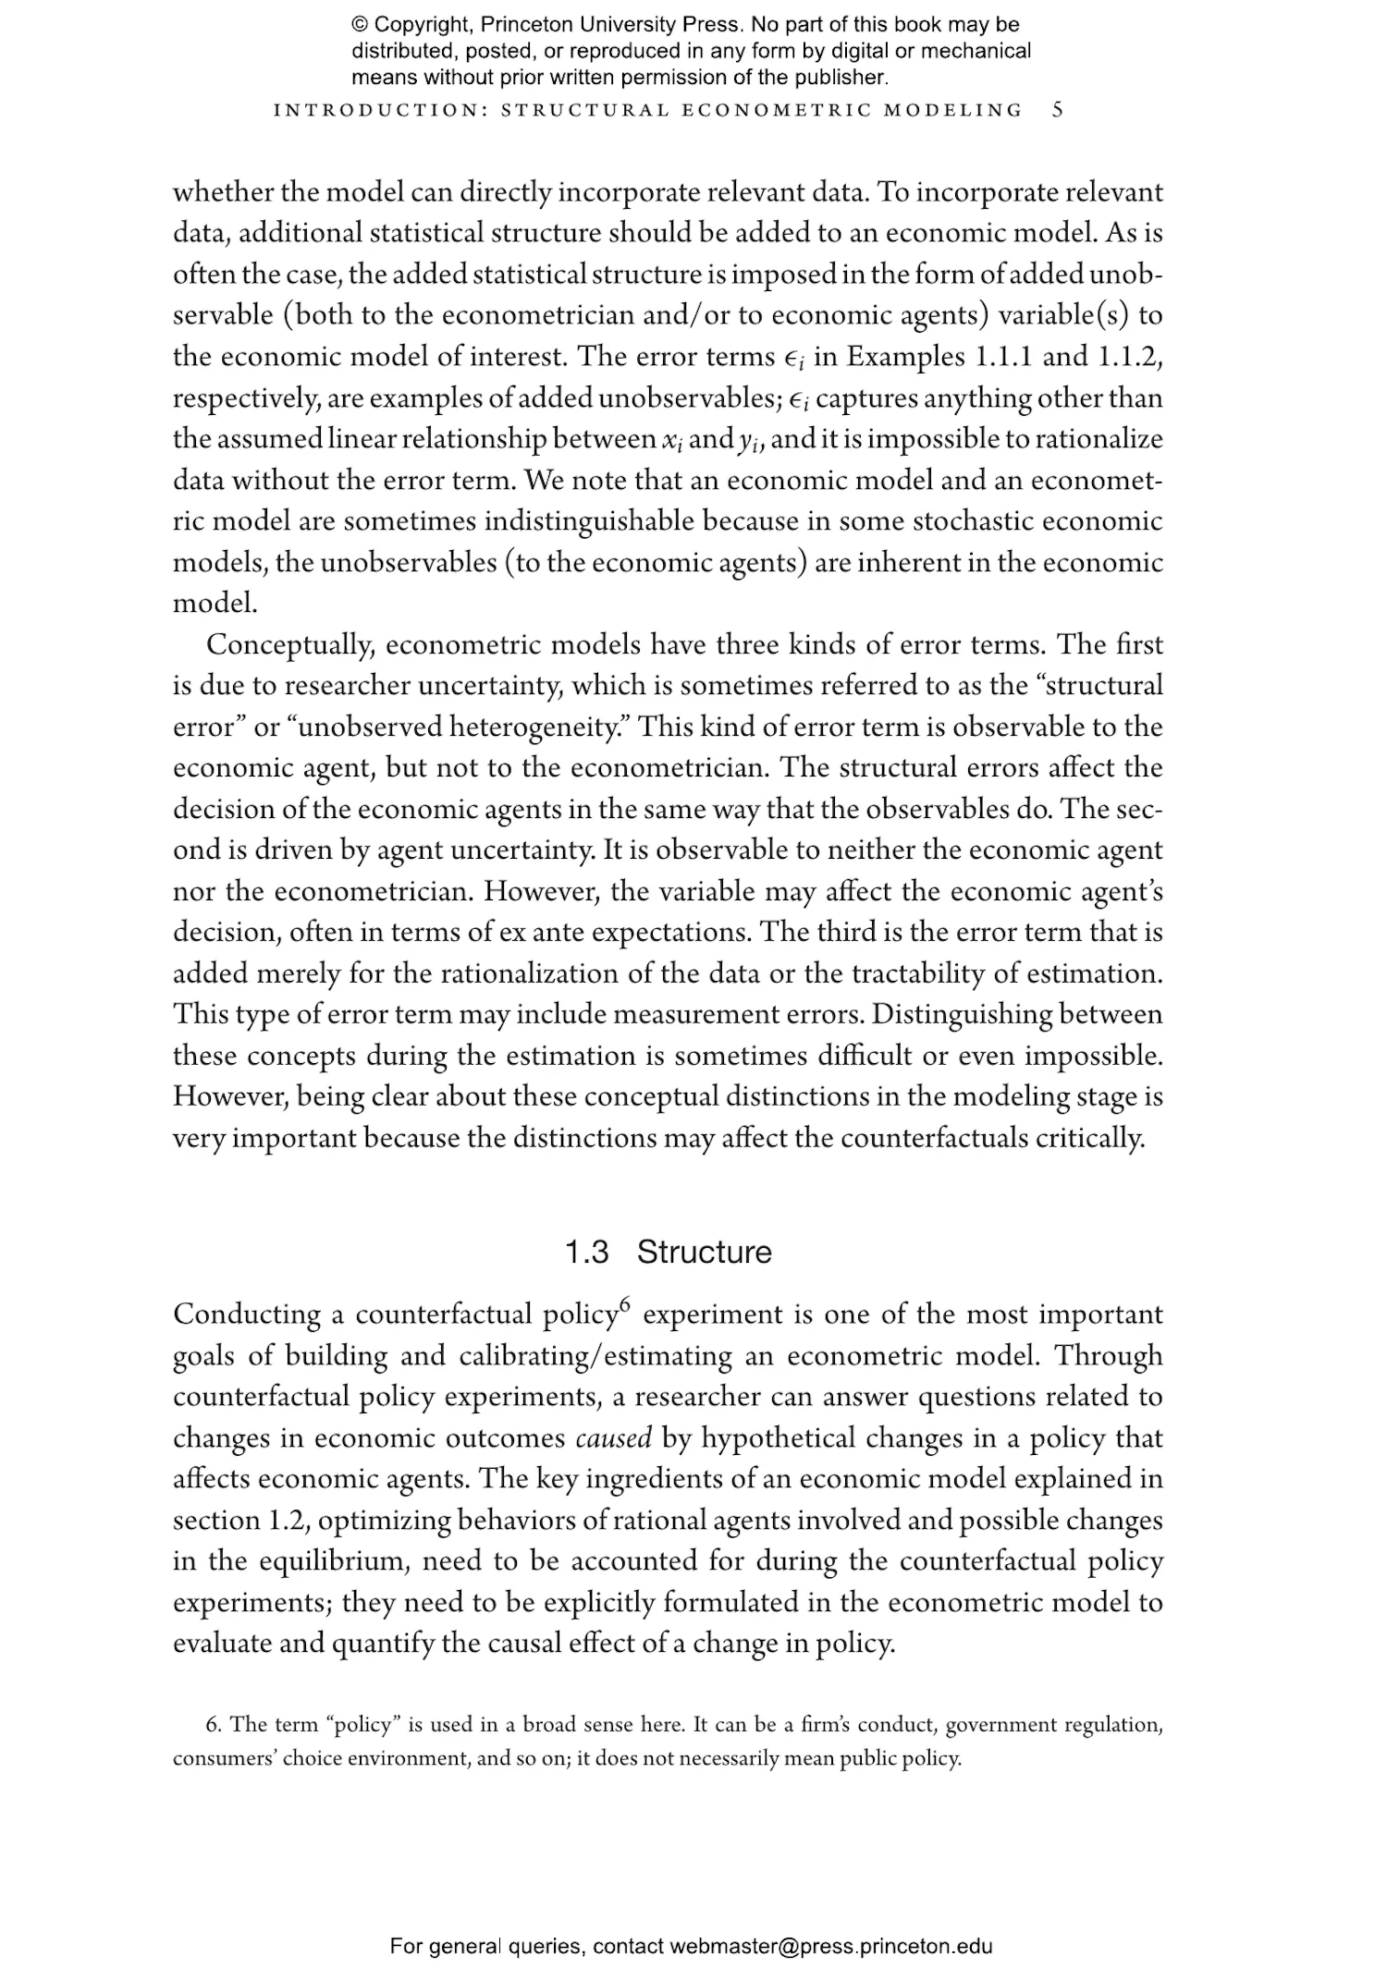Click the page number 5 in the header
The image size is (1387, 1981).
click(x=1058, y=110)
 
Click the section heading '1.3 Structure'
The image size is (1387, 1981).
click(x=668, y=1252)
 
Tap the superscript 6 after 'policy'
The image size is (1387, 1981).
click(x=625, y=1305)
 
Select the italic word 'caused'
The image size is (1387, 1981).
click(x=614, y=1438)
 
